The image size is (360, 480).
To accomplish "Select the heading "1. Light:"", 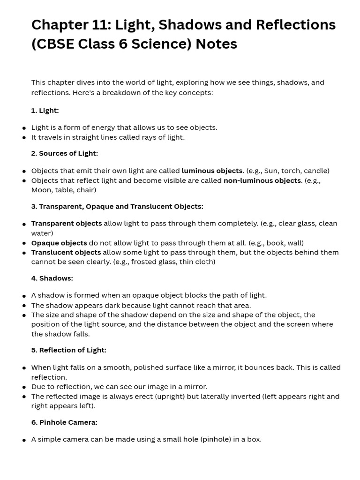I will point(45,111).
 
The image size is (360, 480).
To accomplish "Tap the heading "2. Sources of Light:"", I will point(65,153).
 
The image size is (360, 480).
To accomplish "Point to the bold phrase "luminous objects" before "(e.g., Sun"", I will point(212,171).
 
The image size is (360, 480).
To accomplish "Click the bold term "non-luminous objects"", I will point(262,180).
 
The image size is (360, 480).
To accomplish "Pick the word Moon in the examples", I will point(42,190).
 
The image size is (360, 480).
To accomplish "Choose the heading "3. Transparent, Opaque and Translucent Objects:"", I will point(117,206).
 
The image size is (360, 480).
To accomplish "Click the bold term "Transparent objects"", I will point(67,223).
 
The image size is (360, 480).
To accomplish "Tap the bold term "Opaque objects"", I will point(59,243).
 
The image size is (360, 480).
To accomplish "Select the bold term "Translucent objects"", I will point(66,252).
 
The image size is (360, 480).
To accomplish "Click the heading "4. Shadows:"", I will point(52,278).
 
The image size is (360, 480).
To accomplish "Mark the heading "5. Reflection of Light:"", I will point(69,350).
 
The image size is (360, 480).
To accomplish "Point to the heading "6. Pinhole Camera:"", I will point(64,422).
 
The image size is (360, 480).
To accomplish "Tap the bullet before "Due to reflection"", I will point(24,388).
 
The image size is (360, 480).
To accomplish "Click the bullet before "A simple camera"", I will point(24,440).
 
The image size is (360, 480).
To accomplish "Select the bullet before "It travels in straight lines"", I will point(24,138).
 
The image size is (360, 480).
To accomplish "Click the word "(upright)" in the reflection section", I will point(169,397).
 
